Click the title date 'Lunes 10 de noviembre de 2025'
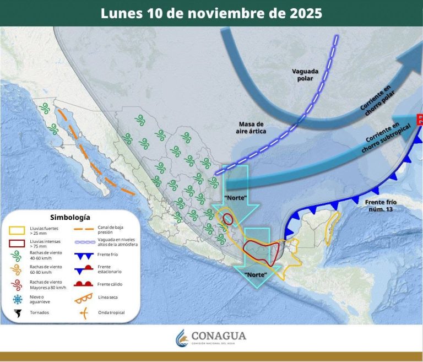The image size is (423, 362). pos(211,13)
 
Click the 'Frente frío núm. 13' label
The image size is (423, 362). pos(381,206)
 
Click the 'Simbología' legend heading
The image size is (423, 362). pos(69,217)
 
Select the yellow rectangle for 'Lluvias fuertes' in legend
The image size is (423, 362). pos(19,229)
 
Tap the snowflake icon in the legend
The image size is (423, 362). pos(18,300)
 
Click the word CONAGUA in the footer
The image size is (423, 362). pos(219,336)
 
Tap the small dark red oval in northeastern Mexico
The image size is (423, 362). pos(227,219)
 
